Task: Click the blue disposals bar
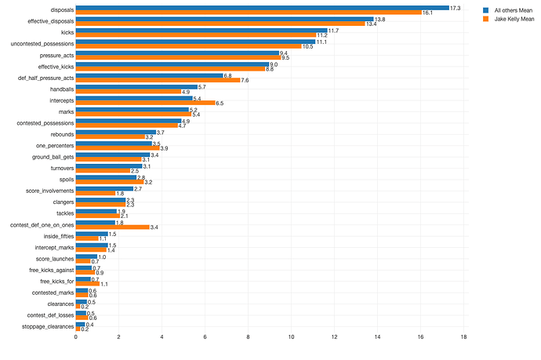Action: pos(262,8)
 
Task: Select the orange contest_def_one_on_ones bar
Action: pos(112,227)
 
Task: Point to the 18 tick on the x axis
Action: pos(463,337)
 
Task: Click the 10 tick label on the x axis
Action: pos(291,337)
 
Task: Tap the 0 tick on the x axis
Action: pos(76,337)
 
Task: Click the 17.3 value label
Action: pos(455,8)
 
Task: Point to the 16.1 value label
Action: pos(428,13)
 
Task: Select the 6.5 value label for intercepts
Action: pos(220,103)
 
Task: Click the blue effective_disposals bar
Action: pos(224,20)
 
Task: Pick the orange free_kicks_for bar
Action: pos(88,283)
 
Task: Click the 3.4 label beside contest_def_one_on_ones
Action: pos(154,227)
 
